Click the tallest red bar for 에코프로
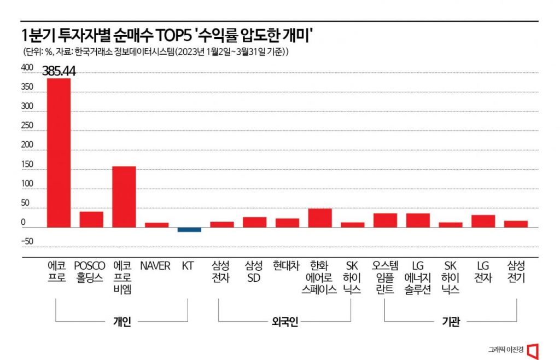point(59,153)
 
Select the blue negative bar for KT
point(189,229)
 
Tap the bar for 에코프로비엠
point(124,196)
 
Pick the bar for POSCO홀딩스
point(91,219)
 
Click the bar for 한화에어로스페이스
point(320,218)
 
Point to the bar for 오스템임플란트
point(385,220)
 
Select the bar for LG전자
point(483,221)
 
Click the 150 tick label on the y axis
point(27,164)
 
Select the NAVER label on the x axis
point(155,266)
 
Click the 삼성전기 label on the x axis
point(516,271)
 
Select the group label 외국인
point(284,322)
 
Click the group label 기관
point(451,322)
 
